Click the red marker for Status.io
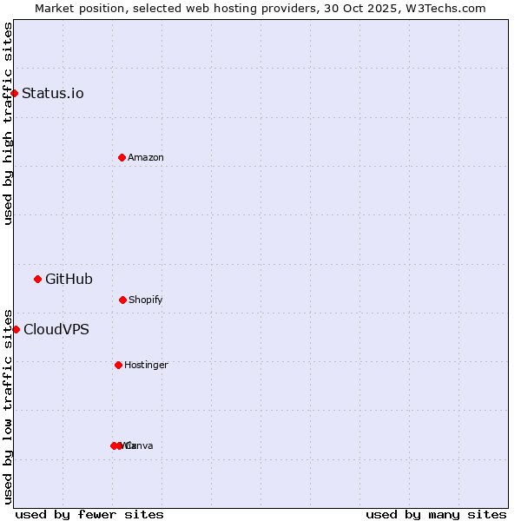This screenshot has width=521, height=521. point(15,93)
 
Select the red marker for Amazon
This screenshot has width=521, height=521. point(122,157)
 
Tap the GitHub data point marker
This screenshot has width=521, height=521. point(37,279)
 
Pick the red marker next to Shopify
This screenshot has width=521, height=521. point(122,300)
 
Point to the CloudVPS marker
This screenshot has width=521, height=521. point(16,329)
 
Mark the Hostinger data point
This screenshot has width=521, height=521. point(118,365)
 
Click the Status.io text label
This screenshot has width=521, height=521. point(53,94)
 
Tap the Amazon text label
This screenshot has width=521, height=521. point(146,158)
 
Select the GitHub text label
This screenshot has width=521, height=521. point(69,280)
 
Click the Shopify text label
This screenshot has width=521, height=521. point(146,300)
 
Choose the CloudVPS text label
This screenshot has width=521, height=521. point(56,330)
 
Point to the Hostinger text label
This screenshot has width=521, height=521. point(146,366)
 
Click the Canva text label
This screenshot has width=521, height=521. point(140,446)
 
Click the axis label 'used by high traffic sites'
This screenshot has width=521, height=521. point(8,123)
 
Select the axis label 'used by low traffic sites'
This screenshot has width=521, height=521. point(8,406)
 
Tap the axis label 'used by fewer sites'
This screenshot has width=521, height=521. point(89,514)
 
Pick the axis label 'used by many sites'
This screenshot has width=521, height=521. point(436,514)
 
